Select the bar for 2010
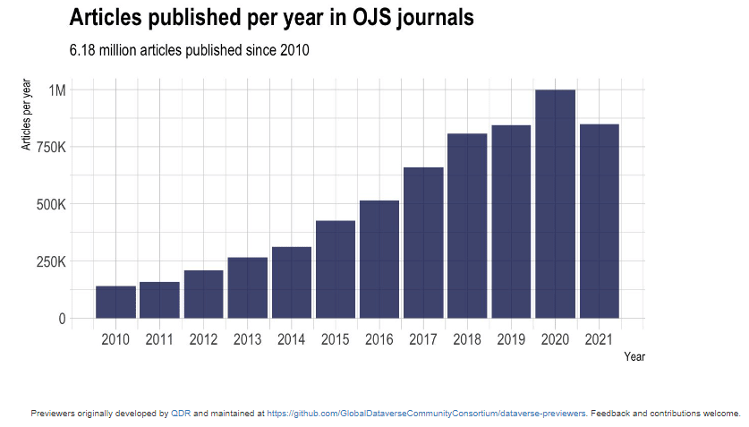(x=115, y=302)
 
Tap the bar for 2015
(x=336, y=269)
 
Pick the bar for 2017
(x=423, y=243)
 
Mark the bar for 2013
(x=247, y=287)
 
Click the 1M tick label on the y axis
(x=57, y=90)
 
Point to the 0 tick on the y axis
(x=62, y=319)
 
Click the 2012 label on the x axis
(x=203, y=339)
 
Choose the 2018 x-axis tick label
(x=467, y=339)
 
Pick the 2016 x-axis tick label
(x=379, y=339)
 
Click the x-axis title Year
(x=634, y=357)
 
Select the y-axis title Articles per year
(x=27, y=115)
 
